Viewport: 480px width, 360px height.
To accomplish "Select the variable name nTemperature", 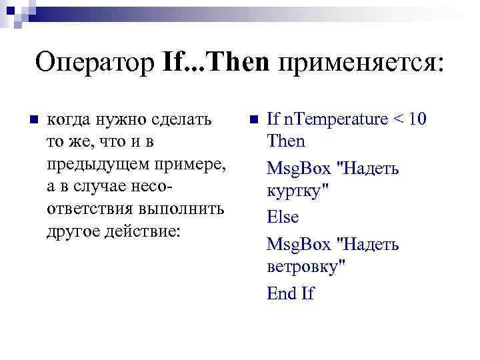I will [x=336, y=119].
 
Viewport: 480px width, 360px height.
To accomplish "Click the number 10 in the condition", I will [x=417, y=119].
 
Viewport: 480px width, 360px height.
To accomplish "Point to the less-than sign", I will [x=399, y=120].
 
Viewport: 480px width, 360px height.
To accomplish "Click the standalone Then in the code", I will [x=285, y=141].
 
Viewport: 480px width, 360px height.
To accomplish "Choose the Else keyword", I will [x=283, y=217].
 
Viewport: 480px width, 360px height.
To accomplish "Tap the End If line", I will [x=290, y=293].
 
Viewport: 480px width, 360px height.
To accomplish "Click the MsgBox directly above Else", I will [x=298, y=169].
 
